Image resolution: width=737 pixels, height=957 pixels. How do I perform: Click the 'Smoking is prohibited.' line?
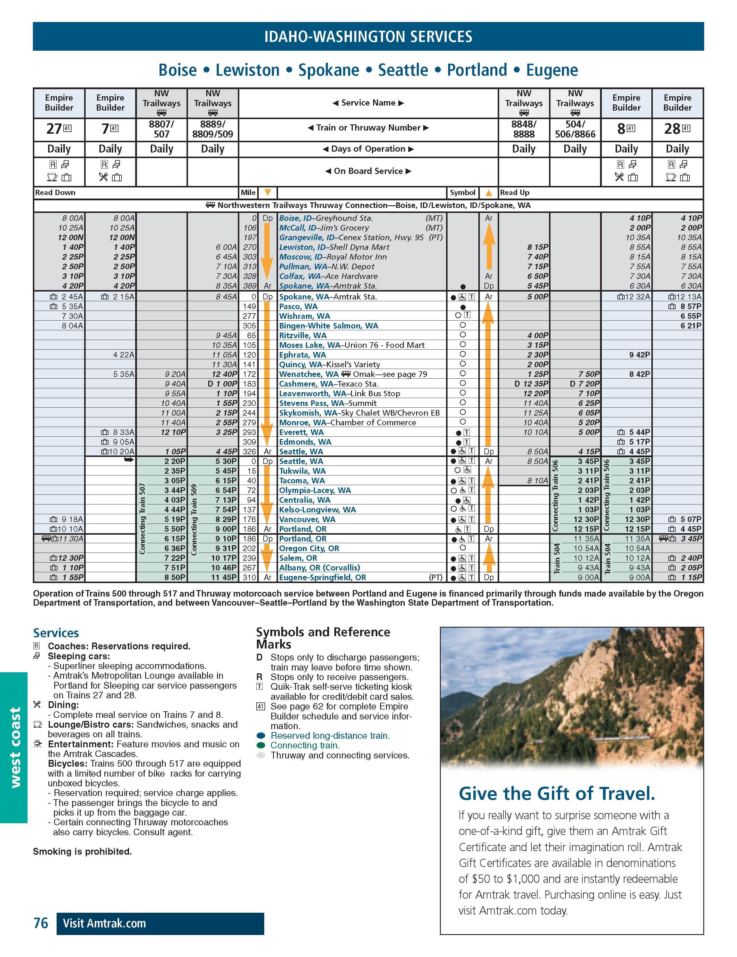pos(82,851)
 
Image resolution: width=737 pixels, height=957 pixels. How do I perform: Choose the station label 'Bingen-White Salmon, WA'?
pos(329,326)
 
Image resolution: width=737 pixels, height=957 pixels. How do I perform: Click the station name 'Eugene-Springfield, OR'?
pos(323,577)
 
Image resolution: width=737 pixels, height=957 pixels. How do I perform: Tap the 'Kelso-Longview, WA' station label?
pos(317,510)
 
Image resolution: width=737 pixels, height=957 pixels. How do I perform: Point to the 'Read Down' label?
pos(55,193)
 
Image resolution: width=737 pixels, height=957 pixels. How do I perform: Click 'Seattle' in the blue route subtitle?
pos(403,70)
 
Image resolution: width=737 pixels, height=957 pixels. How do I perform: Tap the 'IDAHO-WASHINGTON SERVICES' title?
pos(368,36)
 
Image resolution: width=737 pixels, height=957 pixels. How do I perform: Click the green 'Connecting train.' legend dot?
pos(261,745)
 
